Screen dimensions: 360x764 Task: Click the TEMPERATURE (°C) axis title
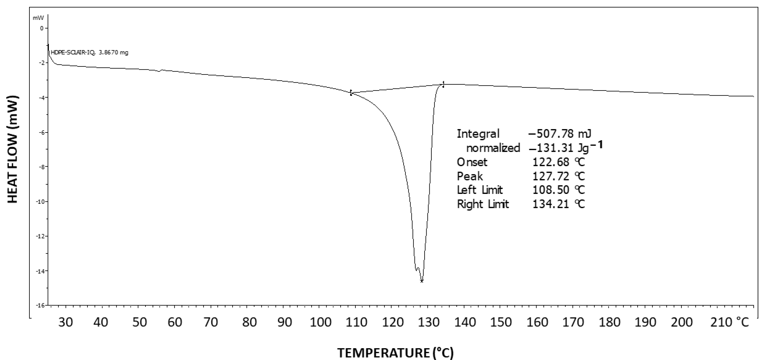[x=395, y=353]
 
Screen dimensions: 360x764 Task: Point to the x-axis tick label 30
[x=65, y=322]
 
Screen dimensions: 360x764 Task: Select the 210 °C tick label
[x=730, y=322]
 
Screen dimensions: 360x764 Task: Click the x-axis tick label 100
[x=320, y=322]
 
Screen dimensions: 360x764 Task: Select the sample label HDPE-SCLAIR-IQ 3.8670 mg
[x=90, y=53]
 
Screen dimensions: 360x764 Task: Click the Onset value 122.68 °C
[x=558, y=162]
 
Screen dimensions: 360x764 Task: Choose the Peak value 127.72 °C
[x=558, y=176]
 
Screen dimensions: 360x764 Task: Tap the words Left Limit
[x=480, y=190]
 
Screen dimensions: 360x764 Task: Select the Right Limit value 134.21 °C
[x=558, y=204]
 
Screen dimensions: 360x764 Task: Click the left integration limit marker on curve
[x=351, y=93]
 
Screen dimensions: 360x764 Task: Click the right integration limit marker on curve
[x=443, y=84]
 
